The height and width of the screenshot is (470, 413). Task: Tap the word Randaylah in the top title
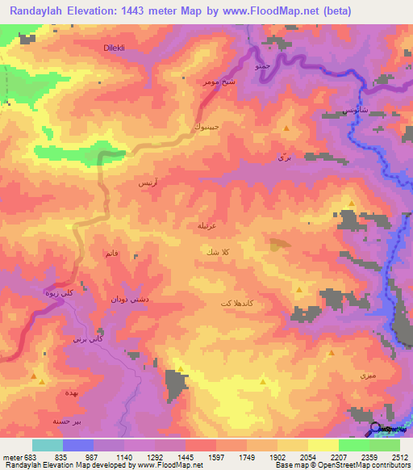(x=39, y=9)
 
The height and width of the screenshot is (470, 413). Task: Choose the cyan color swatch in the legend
(x=47, y=445)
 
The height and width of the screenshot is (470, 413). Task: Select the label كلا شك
(x=222, y=253)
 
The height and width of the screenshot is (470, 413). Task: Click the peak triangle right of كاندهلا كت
(x=299, y=289)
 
